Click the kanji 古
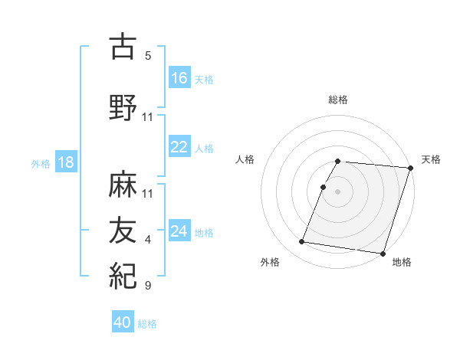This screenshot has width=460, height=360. tap(123, 47)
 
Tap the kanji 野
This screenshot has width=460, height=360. tap(123, 108)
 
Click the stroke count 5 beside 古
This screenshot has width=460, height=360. tap(148, 56)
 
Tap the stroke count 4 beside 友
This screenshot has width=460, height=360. tap(148, 240)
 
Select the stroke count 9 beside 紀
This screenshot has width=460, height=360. tap(148, 286)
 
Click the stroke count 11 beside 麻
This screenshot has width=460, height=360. tap(148, 194)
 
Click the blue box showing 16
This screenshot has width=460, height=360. tap(179, 77)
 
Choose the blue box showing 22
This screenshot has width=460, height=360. tap(179, 147)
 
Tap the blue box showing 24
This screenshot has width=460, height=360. tap(179, 231)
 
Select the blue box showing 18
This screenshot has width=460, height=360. tap(65, 162)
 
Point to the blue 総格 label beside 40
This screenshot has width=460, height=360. tap(147, 324)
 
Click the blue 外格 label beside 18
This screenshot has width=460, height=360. tap(41, 163)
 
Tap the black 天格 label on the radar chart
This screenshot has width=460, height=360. tap(431, 159)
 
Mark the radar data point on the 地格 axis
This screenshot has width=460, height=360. tap(382, 253)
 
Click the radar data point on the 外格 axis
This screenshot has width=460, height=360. tap(302, 242)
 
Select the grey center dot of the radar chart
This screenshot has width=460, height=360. tap(337, 191)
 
